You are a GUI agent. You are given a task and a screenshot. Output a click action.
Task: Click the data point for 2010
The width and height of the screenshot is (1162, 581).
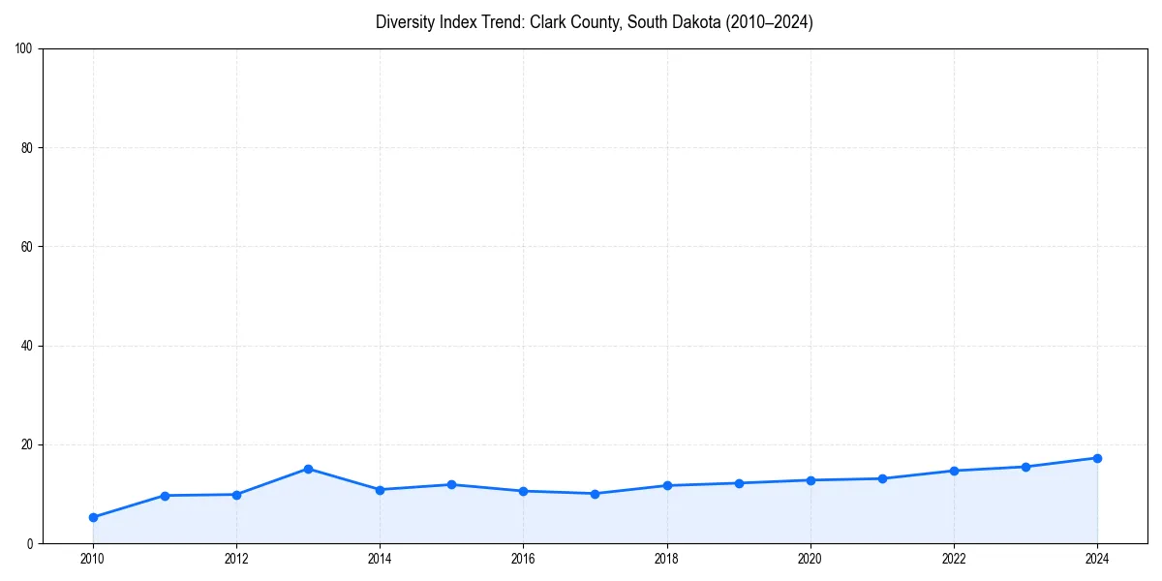coord(93,517)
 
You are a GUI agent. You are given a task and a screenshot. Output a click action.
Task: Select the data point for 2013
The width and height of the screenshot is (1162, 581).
coord(308,469)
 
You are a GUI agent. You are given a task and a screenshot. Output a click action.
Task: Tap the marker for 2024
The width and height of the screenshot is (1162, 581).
coord(1097,458)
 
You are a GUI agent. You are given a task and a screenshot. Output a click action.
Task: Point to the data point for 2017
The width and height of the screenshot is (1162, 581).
coord(595,494)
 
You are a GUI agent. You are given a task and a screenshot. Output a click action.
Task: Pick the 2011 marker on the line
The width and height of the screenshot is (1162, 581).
coord(165,496)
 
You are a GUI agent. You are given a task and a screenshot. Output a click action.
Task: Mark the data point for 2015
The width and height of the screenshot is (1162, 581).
coord(451,484)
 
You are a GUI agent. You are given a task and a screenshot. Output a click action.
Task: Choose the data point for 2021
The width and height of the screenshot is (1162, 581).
coord(882,478)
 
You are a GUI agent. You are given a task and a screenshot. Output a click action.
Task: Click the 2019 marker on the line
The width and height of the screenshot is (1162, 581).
coord(739,483)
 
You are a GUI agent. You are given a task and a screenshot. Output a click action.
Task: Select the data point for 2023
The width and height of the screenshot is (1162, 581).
coord(1025,467)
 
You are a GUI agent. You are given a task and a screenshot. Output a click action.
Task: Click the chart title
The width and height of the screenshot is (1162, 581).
coord(594,22)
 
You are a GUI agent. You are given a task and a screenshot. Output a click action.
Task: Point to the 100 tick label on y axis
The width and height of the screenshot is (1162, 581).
coord(24,49)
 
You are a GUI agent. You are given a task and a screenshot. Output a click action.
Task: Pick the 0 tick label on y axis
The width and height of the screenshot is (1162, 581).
coord(30,544)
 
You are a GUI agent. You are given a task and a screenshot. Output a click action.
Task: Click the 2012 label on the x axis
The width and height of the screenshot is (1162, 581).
coord(236,559)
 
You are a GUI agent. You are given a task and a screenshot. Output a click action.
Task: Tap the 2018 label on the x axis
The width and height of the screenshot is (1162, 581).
coord(666,559)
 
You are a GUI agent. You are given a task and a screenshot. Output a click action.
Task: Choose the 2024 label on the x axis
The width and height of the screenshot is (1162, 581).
coord(1097,559)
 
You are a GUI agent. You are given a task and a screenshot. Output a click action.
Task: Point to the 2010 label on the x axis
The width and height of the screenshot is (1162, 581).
coord(93,559)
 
